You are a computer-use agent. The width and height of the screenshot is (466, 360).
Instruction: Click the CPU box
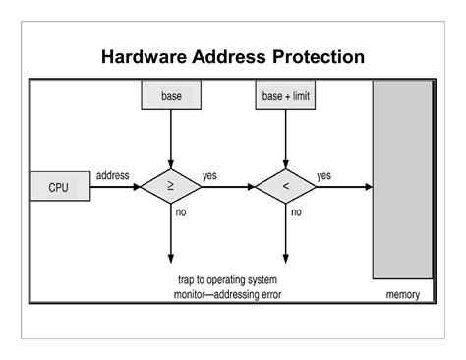[59, 186]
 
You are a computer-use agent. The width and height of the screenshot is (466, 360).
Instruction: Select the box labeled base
[172, 96]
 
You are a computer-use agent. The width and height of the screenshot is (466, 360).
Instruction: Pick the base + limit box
[286, 96]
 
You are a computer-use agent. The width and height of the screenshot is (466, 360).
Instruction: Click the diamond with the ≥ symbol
[172, 186]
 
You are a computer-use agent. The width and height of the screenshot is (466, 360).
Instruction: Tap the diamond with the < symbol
[286, 186]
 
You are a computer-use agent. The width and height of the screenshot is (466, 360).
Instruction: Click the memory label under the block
[402, 294]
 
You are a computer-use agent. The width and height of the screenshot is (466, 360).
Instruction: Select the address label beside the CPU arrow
[113, 175]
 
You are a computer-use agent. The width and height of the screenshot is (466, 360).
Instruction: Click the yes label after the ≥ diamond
[210, 175]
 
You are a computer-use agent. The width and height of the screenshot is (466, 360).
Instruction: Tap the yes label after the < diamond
[323, 175]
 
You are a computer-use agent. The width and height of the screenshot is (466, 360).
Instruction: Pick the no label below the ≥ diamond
[181, 211]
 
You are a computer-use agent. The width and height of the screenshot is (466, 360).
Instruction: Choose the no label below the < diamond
[296, 211]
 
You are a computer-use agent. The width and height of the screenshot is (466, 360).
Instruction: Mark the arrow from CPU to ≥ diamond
[115, 186]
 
